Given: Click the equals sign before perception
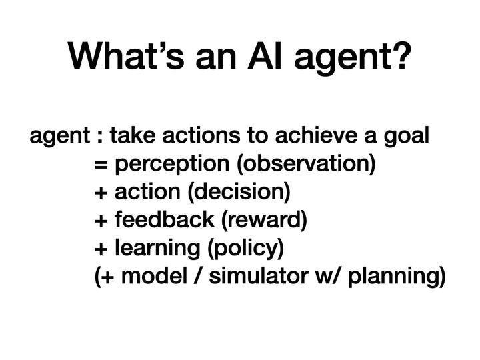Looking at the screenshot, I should point(101,165).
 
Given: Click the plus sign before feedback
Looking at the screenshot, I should point(101,221).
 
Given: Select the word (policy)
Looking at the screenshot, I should point(246,249).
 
